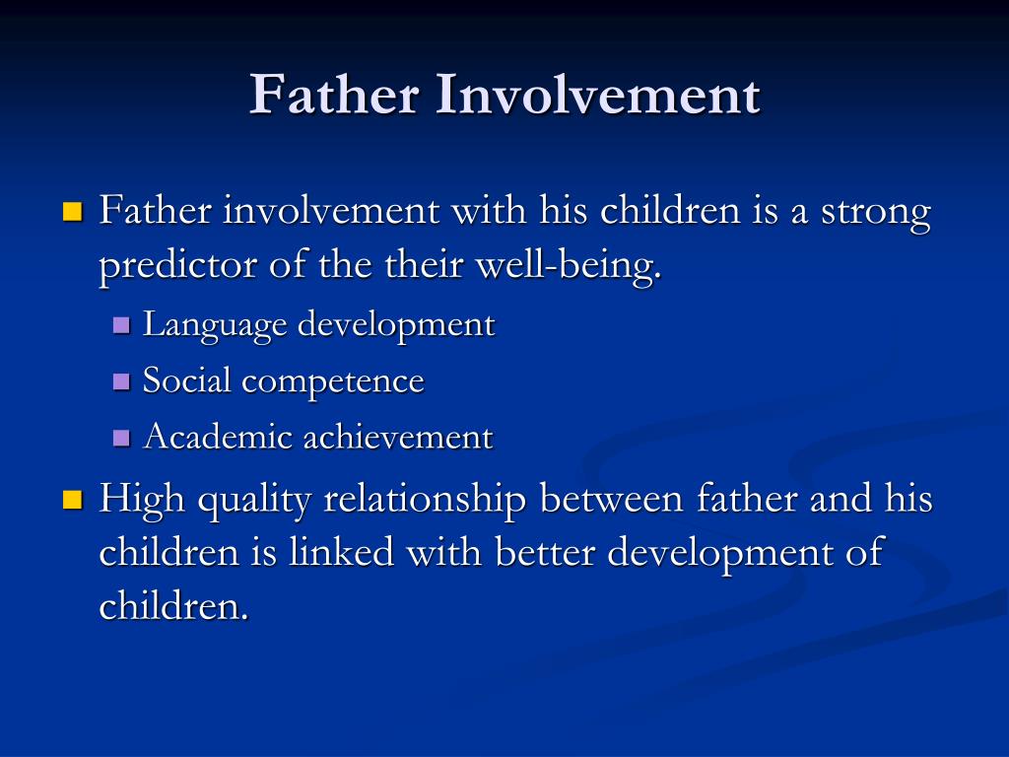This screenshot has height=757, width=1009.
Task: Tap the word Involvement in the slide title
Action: pos(597,96)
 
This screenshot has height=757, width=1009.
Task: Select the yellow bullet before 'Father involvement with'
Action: pos(72,212)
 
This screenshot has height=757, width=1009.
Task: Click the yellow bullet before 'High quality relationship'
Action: pos(72,500)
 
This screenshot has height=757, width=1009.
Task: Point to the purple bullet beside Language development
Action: pos(122,324)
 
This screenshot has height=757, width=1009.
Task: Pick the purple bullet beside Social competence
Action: pos(122,381)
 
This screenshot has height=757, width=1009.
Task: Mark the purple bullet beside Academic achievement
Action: pos(122,438)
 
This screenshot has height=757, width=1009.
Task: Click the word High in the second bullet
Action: pos(142,501)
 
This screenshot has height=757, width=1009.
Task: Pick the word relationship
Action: pos(426,501)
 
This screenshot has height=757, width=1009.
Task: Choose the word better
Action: pos(545,552)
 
